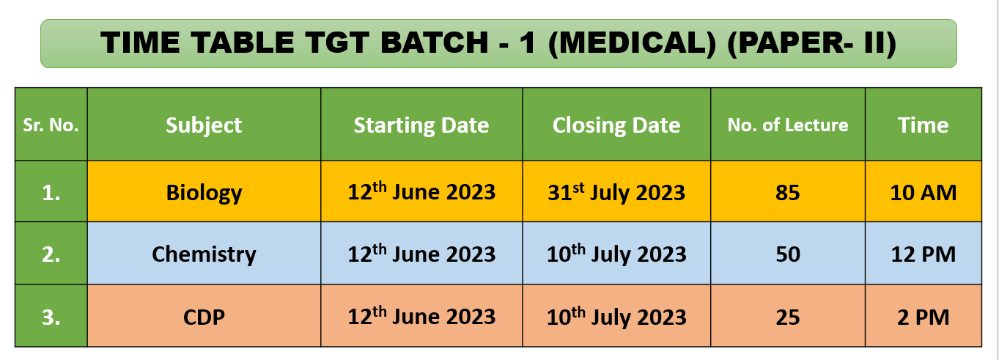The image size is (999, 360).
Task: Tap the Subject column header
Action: (x=204, y=125)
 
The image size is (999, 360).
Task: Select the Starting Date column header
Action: (x=421, y=125)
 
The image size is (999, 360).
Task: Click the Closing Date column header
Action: (x=616, y=125)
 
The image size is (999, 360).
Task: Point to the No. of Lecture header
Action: (x=788, y=125)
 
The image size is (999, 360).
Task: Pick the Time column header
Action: (x=923, y=125)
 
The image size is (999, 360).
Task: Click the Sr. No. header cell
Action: (x=51, y=125)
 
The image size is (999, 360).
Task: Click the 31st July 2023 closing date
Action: (x=616, y=192)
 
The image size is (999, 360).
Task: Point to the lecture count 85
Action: (x=788, y=193)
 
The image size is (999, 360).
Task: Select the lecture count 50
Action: (x=788, y=254)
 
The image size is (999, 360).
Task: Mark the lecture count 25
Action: (x=788, y=317)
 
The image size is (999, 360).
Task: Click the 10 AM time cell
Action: (x=924, y=193)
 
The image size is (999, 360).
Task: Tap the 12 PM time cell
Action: (x=924, y=254)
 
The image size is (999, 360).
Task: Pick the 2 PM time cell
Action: (x=924, y=317)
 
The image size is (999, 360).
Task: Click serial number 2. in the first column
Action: (x=51, y=254)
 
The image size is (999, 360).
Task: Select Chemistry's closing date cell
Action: (x=616, y=254)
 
